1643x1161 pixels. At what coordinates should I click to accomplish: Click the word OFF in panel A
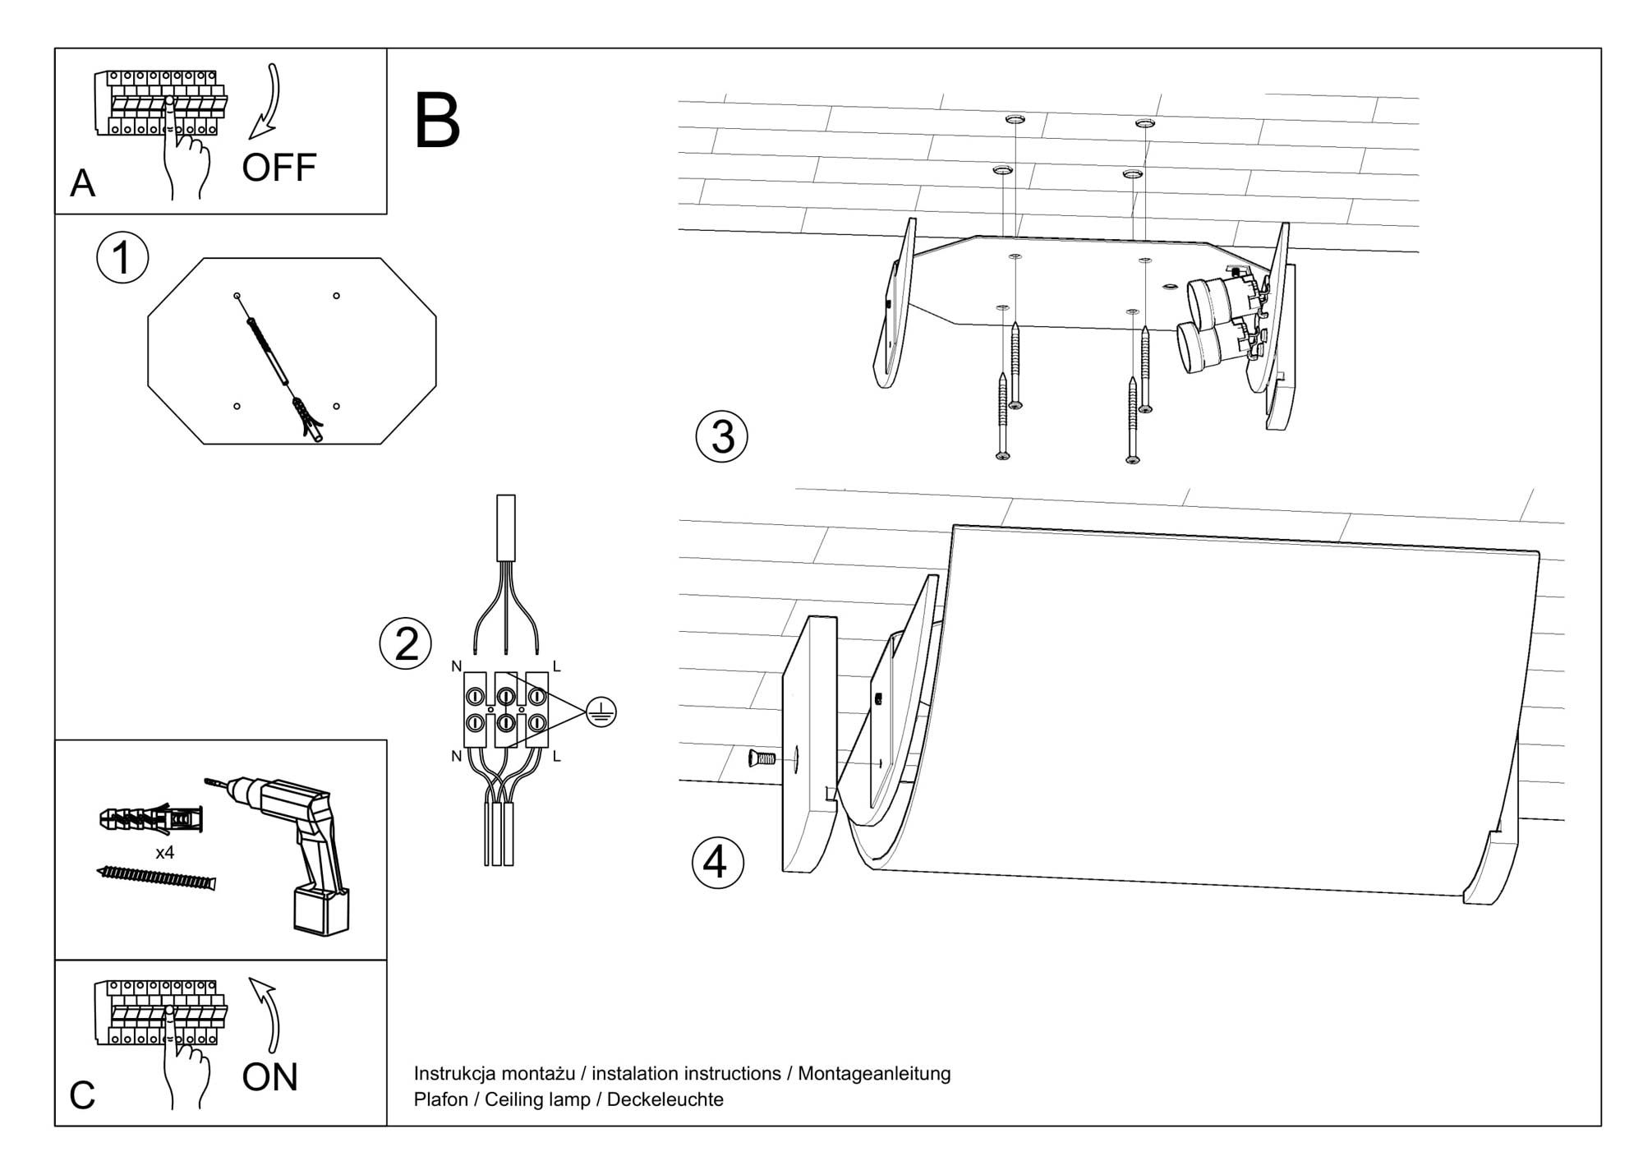[278, 168]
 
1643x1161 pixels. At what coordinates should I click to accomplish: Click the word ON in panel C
[269, 1077]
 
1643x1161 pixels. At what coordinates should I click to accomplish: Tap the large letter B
[437, 122]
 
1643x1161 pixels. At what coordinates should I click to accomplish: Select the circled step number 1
[122, 258]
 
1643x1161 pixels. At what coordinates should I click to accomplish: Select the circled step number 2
[406, 643]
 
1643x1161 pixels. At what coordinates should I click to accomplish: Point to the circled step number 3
[721, 435]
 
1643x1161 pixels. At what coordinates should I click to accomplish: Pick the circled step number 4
[717, 863]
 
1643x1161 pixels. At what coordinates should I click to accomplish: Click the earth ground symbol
[602, 712]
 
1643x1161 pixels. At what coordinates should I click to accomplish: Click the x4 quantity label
[165, 853]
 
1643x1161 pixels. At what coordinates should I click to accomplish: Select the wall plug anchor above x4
[151, 818]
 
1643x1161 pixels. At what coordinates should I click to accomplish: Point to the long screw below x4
[156, 878]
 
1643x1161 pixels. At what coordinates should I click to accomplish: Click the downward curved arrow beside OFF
[267, 102]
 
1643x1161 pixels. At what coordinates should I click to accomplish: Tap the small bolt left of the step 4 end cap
[762, 758]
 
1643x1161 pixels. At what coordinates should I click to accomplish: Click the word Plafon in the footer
[440, 1099]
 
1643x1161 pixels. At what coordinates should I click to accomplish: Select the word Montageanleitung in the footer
[874, 1073]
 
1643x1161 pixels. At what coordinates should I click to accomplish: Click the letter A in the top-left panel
[82, 183]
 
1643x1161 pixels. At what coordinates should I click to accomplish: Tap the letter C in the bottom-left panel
[82, 1095]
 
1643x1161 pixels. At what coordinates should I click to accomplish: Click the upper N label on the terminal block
[457, 666]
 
